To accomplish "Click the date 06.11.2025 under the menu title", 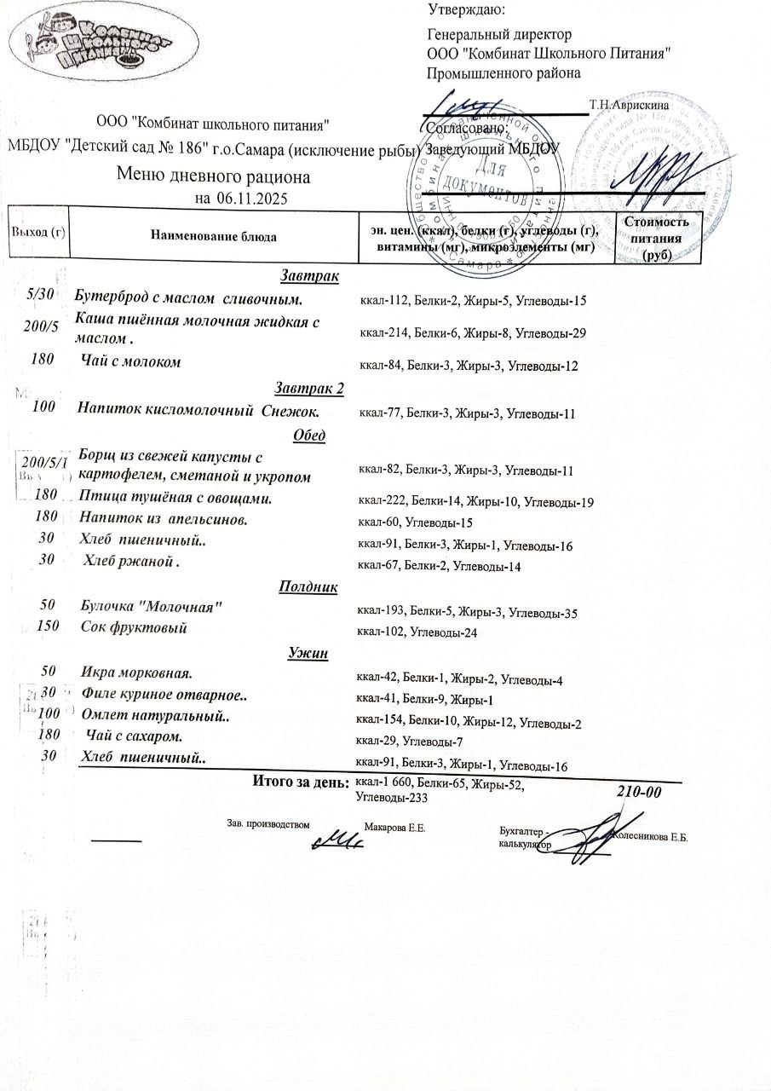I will [252, 199].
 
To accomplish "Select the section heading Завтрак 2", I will [310, 389].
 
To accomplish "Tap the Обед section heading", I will [310, 435].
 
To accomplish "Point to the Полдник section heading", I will [308, 586].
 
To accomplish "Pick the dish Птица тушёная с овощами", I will [175, 497].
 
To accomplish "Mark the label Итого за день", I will [301, 782].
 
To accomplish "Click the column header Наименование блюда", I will [213, 236].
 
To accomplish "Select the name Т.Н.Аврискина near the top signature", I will [628, 104].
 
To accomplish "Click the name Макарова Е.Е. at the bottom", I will [394, 828].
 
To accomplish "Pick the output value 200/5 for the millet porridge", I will [41, 328].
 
